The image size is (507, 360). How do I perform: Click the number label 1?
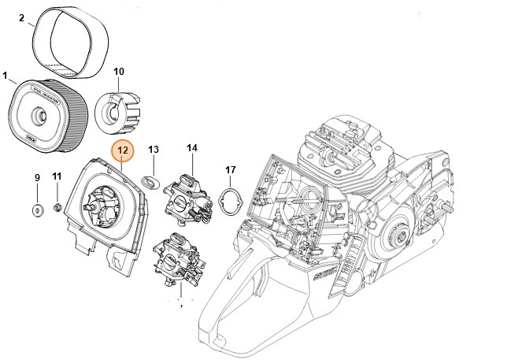pos(6,76)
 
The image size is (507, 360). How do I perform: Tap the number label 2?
pos(21,17)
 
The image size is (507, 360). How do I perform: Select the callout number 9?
pos(36,179)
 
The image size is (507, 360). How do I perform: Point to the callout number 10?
pos(119,72)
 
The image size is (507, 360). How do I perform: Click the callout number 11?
pos(56,176)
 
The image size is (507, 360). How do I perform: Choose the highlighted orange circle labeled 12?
pos(123,150)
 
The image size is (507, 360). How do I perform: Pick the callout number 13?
pos(154,149)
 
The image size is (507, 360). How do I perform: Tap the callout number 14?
pos(192,147)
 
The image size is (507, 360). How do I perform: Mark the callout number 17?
pos(231,169)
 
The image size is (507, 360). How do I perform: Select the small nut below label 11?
pos(57,207)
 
